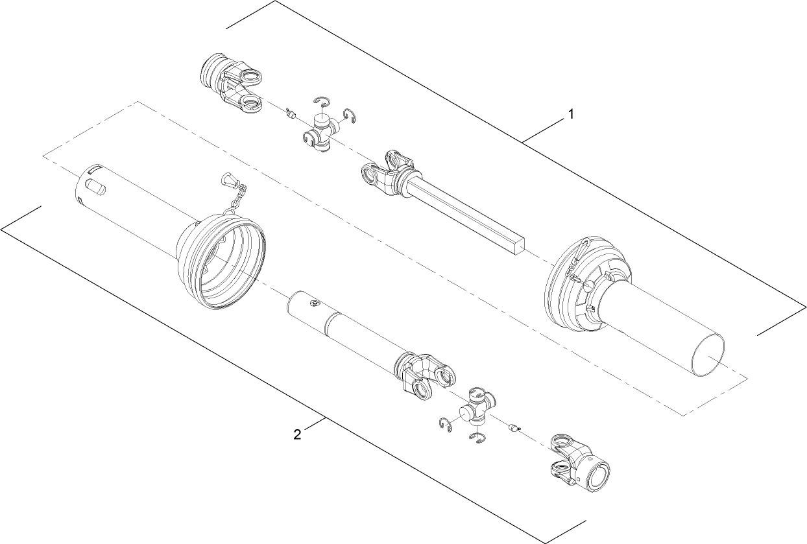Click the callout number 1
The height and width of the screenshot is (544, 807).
pyautogui.click(x=571, y=114)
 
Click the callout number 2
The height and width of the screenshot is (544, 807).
pyautogui.click(x=297, y=434)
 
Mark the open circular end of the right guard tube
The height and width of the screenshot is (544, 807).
pyautogui.click(x=706, y=356)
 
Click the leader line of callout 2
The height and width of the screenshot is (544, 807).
pyautogui.click(x=315, y=425)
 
